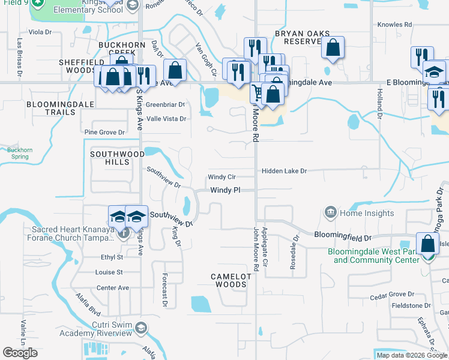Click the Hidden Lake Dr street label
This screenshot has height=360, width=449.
(x=284, y=171)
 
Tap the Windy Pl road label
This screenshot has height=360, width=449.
(x=225, y=190)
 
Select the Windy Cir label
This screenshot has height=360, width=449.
(x=221, y=177)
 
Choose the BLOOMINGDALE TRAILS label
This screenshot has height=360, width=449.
(x=60, y=108)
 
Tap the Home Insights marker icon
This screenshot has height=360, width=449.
(x=330, y=212)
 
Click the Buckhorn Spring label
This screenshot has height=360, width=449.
(x=20, y=153)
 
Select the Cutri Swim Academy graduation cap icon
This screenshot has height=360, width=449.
(x=140, y=327)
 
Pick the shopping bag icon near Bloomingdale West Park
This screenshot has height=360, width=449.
(x=427, y=245)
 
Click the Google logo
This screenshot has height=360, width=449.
(x=20, y=353)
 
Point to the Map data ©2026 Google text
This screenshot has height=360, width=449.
(x=412, y=355)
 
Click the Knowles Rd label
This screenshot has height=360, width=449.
(x=394, y=25)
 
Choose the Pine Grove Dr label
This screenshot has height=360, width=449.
(x=104, y=132)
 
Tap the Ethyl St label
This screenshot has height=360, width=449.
(x=112, y=257)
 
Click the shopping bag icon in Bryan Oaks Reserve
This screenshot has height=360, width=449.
(x=333, y=47)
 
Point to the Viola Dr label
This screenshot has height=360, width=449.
(x=40, y=31)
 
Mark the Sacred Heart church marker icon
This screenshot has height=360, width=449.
(x=124, y=233)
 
